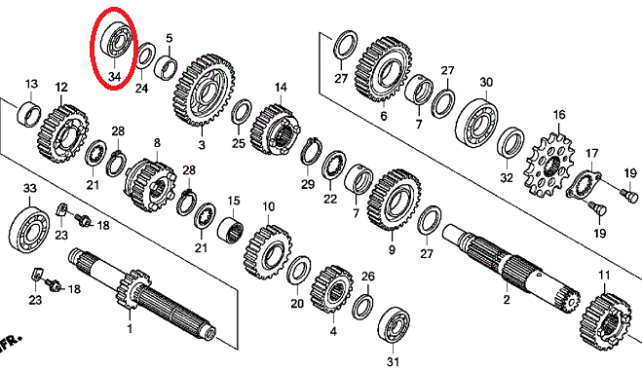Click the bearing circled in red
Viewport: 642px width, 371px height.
point(117,39)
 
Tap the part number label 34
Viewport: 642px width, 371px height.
point(115,76)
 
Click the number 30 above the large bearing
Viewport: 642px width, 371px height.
point(486,82)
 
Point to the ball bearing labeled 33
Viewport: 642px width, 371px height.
point(29,229)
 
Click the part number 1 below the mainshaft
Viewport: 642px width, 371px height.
point(130,328)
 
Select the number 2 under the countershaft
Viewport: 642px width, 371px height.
point(507,299)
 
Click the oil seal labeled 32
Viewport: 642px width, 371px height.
point(511,142)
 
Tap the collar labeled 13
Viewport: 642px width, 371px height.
point(29,115)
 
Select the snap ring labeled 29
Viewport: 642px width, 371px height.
point(314,152)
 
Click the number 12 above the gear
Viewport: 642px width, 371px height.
point(61,87)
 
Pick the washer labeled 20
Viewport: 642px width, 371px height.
point(298,271)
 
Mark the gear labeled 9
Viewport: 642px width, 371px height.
point(395,200)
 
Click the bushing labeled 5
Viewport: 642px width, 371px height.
point(166,66)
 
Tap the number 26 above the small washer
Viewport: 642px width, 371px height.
point(367,277)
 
